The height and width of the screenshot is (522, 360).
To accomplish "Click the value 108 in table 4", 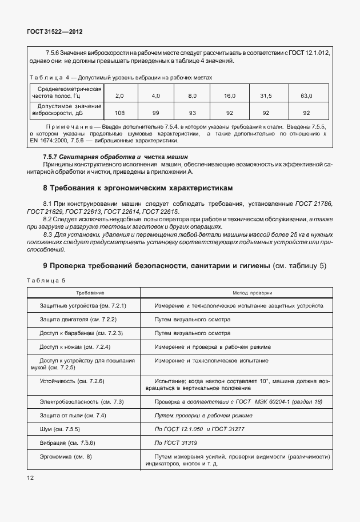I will point(119,113).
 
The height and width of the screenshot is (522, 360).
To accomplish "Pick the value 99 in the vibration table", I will point(155,113).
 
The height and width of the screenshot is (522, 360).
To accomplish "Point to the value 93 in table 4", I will point(192,113).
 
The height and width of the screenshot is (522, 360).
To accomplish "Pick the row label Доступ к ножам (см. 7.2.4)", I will point(75,346).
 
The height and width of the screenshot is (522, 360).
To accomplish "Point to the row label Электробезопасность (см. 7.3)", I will point(82,402).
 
